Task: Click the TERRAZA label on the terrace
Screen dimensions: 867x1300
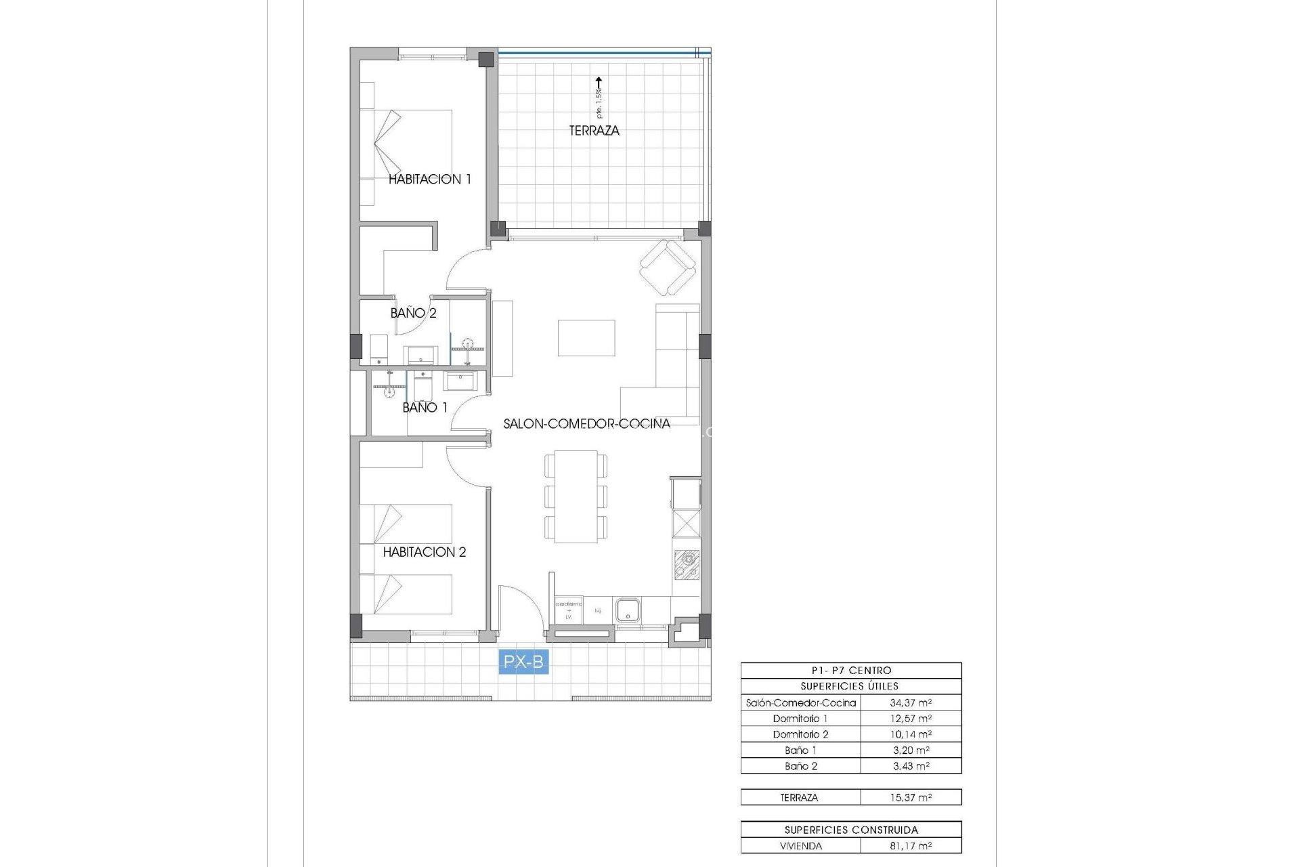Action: coord(594,131)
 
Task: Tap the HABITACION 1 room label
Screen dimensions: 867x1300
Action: coord(429,179)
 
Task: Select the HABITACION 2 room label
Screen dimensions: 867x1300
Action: coord(425,552)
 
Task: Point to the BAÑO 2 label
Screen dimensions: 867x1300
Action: coord(413,313)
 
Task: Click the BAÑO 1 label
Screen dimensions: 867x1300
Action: coord(425,408)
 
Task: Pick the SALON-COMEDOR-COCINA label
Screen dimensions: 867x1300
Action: coord(586,424)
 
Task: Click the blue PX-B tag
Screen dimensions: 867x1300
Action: coord(523,661)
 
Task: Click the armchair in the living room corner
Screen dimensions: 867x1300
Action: coord(668,268)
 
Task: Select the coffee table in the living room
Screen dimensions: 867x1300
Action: coord(586,338)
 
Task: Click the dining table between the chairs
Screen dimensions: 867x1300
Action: coord(576,496)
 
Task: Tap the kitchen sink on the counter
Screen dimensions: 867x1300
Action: coord(628,610)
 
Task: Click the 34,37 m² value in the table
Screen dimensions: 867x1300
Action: coord(910,703)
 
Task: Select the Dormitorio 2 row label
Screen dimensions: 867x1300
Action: coord(800,734)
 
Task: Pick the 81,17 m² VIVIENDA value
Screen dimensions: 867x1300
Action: coord(910,846)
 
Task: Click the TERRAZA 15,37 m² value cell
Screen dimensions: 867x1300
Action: coord(910,798)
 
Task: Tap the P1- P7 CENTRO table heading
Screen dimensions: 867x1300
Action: coord(851,671)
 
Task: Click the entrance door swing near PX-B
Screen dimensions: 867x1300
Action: coord(520,610)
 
